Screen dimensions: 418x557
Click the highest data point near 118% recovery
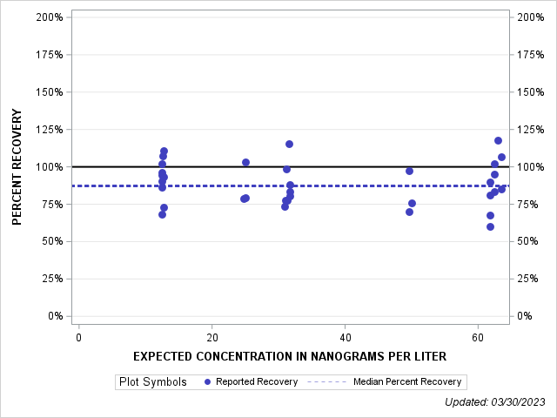(498, 140)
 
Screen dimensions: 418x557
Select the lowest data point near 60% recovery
(490, 226)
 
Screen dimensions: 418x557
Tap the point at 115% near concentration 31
(289, 144)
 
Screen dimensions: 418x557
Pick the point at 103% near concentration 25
(245, 162)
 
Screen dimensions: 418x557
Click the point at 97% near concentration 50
(409, 171)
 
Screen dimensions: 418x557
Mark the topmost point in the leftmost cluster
(164, 151)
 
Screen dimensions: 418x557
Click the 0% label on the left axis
(54, 316)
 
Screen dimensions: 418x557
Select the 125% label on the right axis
(531, 130)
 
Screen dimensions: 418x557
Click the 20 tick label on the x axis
(211, 337)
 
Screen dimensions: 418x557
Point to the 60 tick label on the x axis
(478, 337)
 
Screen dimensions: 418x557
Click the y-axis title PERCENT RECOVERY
(17, 167)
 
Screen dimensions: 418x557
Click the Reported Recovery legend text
(257, 381)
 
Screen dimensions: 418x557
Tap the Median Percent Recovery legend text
(407, 381)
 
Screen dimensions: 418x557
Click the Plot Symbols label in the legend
(153, 381)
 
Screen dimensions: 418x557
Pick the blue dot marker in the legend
(207, 381)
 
